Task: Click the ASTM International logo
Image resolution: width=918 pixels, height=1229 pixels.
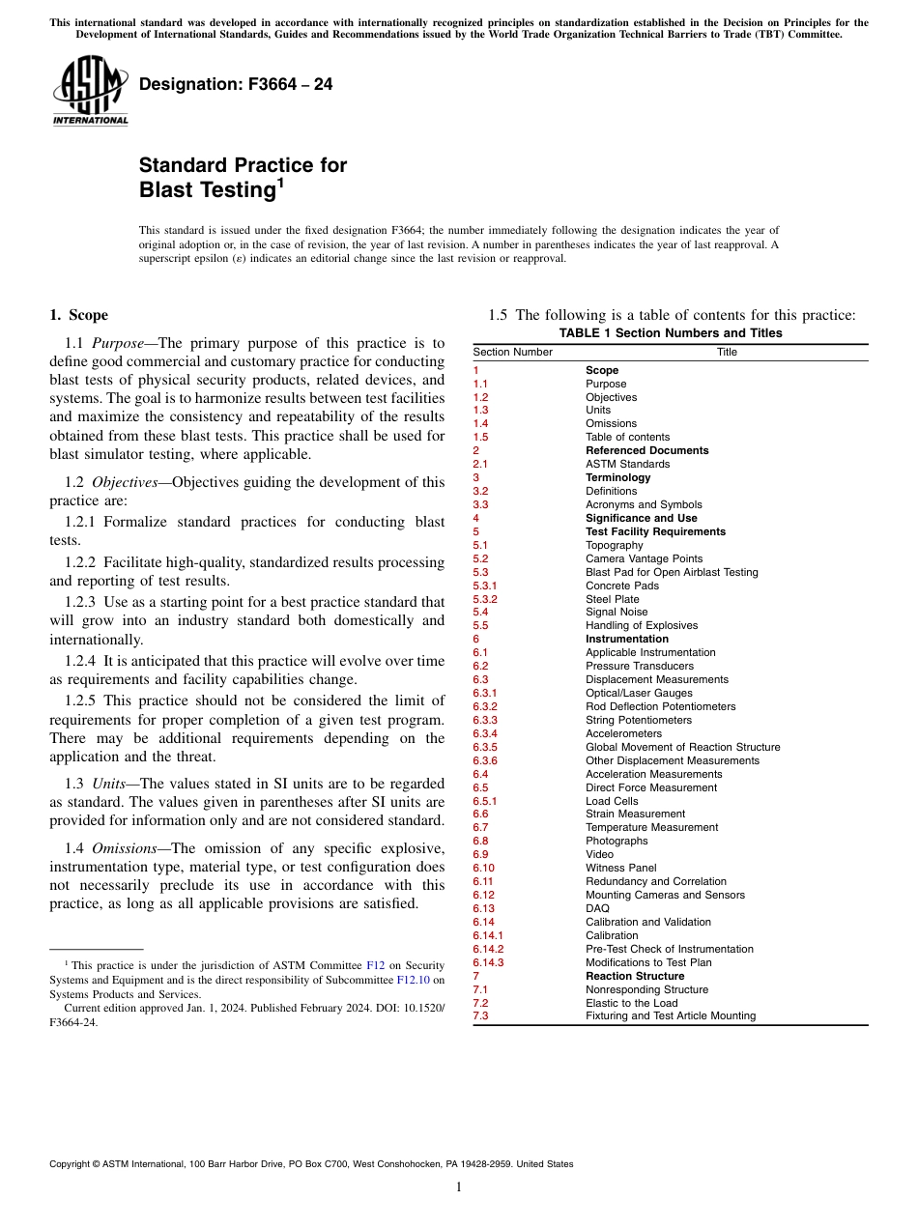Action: click(x=90, y=92)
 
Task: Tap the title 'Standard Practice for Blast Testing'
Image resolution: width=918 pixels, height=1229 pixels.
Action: click(x=243, y=178)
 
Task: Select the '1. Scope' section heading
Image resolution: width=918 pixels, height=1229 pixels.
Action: click(x=78, y=315)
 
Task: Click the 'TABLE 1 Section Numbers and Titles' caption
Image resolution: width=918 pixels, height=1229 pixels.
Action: click(x=671, y=333)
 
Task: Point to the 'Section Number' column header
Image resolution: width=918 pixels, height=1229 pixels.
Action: click(x=512, y=353)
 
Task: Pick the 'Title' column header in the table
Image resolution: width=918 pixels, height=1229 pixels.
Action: click(x=727, y=353)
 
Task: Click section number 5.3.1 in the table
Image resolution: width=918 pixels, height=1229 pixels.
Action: click(x=484, y=586)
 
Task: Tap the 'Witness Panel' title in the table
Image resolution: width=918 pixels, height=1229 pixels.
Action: click(x=620, y=869)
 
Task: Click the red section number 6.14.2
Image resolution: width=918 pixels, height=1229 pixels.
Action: click(x=488, y=949)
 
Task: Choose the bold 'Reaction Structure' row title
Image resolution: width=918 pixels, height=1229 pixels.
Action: click(x=635, y=976)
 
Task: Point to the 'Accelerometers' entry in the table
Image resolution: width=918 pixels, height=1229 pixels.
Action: click(x=623, y=734)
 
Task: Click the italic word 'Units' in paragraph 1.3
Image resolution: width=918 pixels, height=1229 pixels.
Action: click(x=111, y=784)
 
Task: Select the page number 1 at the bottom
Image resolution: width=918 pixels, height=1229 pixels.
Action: click(x=458, y=1187)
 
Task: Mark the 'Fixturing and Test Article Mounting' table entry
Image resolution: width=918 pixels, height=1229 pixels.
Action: click(x=671, y=1016)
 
